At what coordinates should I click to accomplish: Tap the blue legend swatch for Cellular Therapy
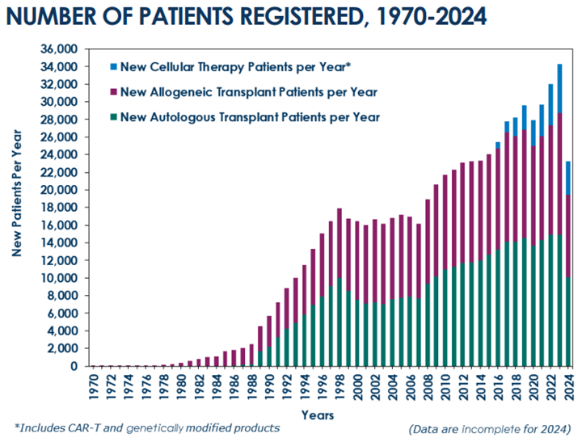click(113, 66)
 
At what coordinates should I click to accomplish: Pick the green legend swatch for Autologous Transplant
click(113, 117)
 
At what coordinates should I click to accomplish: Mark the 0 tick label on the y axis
click(73, 366)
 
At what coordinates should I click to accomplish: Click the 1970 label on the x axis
click(93, 385)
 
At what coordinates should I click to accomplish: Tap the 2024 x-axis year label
click(569, 385)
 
